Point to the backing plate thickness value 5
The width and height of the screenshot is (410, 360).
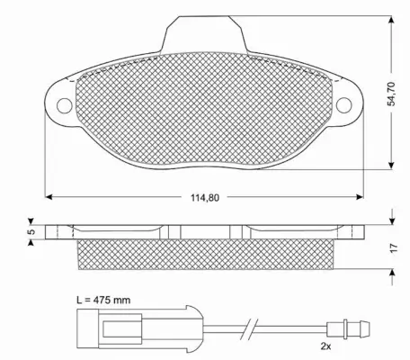coord(30,231)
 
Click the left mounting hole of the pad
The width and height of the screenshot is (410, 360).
coord(63,105)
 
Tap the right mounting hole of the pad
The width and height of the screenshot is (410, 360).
coord(343,105)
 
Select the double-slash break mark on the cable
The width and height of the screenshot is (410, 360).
coord(258,329)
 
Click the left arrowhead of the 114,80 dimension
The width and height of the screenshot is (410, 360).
coord(49,197)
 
